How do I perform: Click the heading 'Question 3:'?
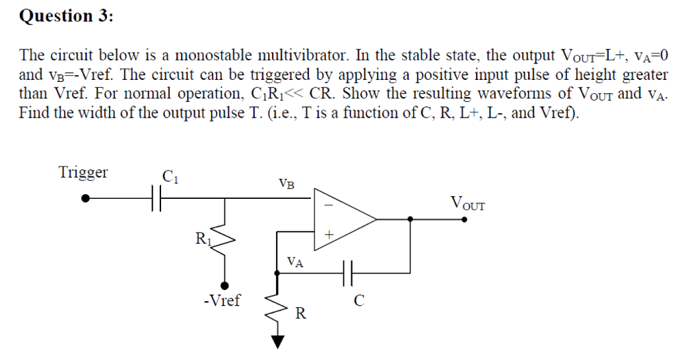[66, 16]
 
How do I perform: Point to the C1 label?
[170, 176]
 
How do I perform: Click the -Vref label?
[222, 301]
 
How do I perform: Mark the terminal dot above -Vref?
[226, 285]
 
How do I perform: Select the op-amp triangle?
[343, 218]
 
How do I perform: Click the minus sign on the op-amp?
[327, 205]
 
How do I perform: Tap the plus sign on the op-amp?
[328, 234]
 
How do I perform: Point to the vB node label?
[287, 183]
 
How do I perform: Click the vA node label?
[296, 262]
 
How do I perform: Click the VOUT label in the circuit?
[467, 202]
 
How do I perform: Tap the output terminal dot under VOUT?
[465, 219]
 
